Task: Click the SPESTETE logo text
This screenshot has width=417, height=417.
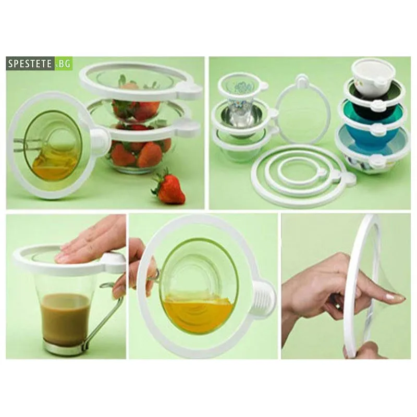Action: coord(30,64)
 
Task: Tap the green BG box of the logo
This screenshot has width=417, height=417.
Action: coord(64,64)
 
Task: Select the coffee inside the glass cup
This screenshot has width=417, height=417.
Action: coord(66,318)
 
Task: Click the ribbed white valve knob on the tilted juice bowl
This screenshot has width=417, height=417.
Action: coord(263,298)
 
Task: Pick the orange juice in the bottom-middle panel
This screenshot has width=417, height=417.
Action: coord(199,313)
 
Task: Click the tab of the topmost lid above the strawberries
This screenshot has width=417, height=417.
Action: coord(189,89)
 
